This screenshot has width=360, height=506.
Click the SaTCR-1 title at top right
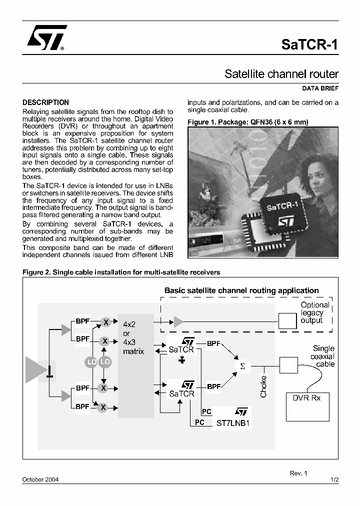click(309, 44)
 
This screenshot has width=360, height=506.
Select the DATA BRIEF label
click(320, 88)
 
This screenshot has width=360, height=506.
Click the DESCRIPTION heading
click(46, 102)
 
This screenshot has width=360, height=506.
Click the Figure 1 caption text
click(247, 122)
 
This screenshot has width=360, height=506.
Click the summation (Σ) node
click(243, 366)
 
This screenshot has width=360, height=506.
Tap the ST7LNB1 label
click(232, 422)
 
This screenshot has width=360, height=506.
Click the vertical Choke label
click(263, 386)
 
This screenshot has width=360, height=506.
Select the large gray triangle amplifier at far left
click(36, 371)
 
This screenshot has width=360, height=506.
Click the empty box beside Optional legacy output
click(287, 320)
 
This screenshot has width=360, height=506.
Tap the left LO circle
click(91, 361)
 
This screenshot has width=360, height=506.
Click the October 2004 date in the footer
click(40, 479)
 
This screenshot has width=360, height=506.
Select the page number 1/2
click(334, 479)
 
